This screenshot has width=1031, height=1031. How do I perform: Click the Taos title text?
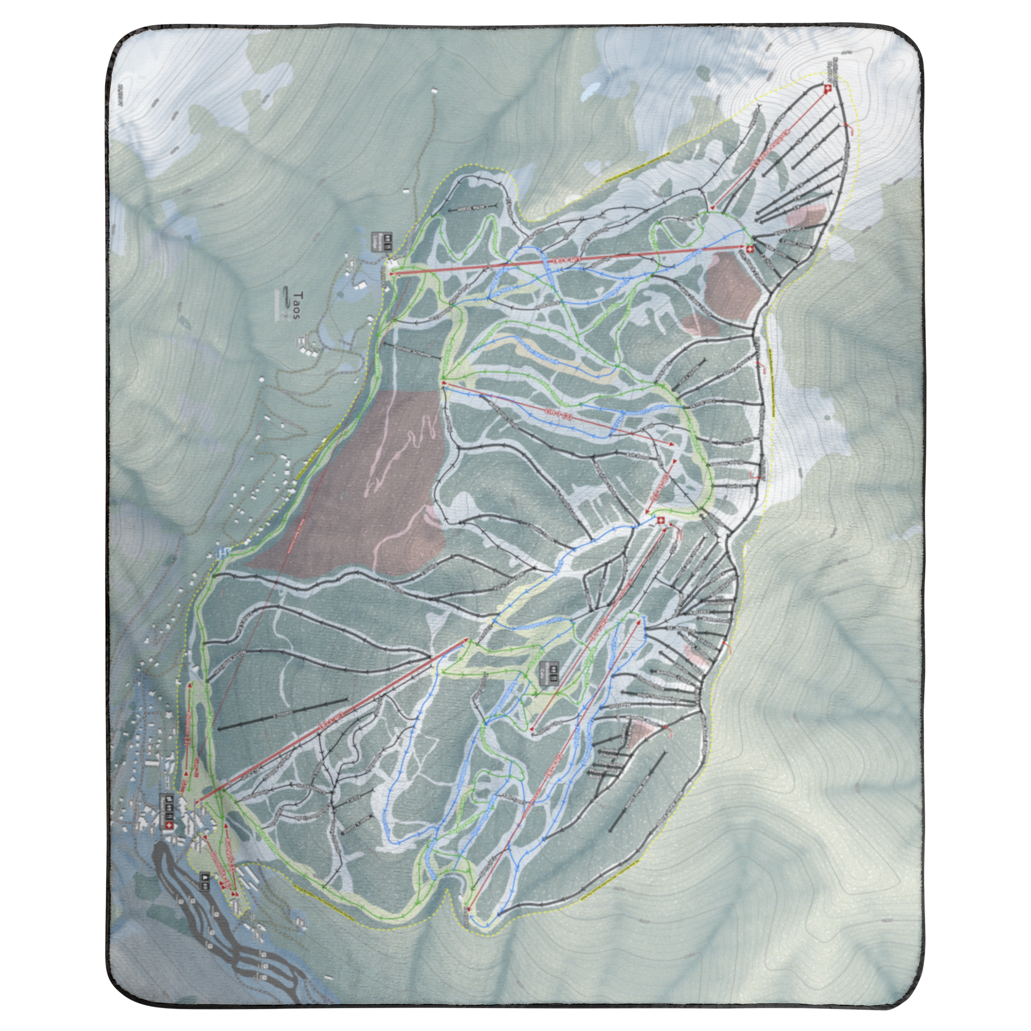pyautogui.click(x=297, y=305)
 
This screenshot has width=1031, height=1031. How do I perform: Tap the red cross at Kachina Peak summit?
pyautogui.click(x=828, y=90)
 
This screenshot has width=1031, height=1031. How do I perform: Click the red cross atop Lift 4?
pyautogui.click(x=749, y=250)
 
